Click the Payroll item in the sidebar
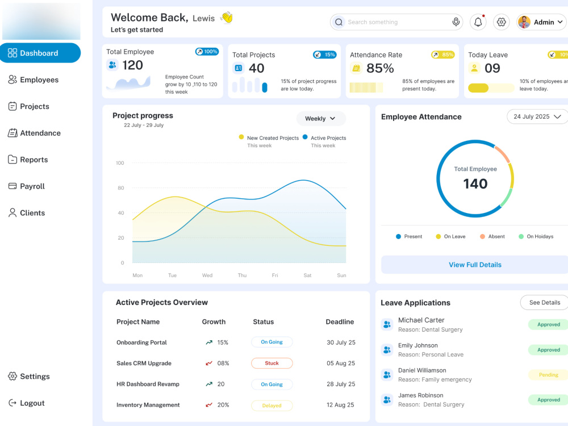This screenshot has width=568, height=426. pyautogui.click(x=27, y=186)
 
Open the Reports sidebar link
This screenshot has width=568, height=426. pyautogui.click(x=28, y=160)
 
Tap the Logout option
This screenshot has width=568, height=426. pyautogui.click(x=27, y=403)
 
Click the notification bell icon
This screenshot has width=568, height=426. pyautogui.click(x=478, y=22)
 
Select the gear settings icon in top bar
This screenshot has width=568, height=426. pyautogui.click(x=502, y=22)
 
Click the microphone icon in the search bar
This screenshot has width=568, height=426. pyautogui.click(x=456, y=22)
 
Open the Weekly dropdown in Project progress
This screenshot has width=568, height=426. pyautogui.click(x=320, y=119)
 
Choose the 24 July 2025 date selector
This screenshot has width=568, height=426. pyautogui.click(x=537, y=116)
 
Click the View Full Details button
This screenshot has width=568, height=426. pyautogui.click(x=475, y=265)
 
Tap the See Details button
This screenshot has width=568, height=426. pyautogui.click(x=544, y=303)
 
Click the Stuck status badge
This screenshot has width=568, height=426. pyautogui.click(x=272, y=363)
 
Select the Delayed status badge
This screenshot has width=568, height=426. pyautogui.click(x=272, y=406)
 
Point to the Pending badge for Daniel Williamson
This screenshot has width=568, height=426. pyautogui.click(x=549, y=374)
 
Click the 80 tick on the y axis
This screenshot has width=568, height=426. pyautogui.click(x=120, y=187)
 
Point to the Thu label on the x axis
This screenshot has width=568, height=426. pyautogui.click(x=242, y=275)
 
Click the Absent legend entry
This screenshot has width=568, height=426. pyautogui.click(x=492, y=236)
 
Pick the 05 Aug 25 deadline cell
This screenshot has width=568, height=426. pyautogui.click(x=341, y=363)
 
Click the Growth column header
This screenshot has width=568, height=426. pyautogui.click(x=214, y=321)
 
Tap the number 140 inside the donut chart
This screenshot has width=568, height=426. pyautogui.click(x=475, y=183)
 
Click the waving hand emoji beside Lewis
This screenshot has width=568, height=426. pyautogui.click(x=227, y=18)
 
